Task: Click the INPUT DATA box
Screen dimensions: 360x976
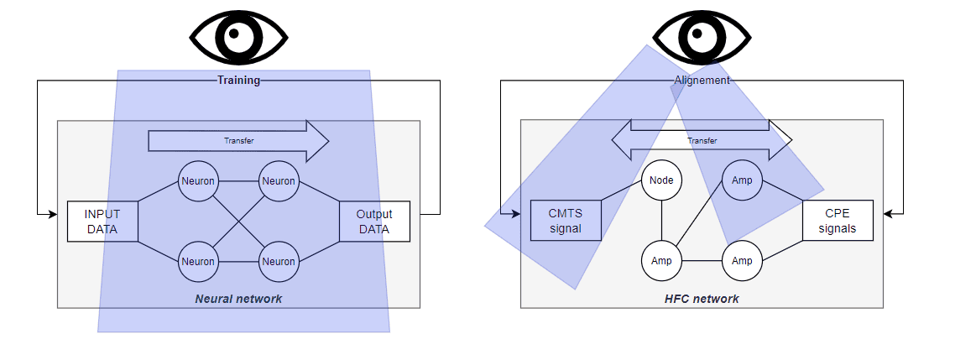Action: tap(102, 221)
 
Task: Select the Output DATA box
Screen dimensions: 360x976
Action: tap(374, 221)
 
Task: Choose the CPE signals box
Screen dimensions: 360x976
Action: tap(837, 221)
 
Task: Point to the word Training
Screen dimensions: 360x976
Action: tap(239, 81)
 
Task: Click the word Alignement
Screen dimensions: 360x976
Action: tap(702, 81)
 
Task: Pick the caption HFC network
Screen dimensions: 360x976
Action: tap(702, 298)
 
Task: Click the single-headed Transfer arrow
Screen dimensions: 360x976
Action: tap(238, 141)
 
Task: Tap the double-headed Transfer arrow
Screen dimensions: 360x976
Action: tap(702, 141)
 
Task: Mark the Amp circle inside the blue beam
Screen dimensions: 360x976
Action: tap(742, 180)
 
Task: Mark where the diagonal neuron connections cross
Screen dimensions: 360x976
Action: tap(238, 221)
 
